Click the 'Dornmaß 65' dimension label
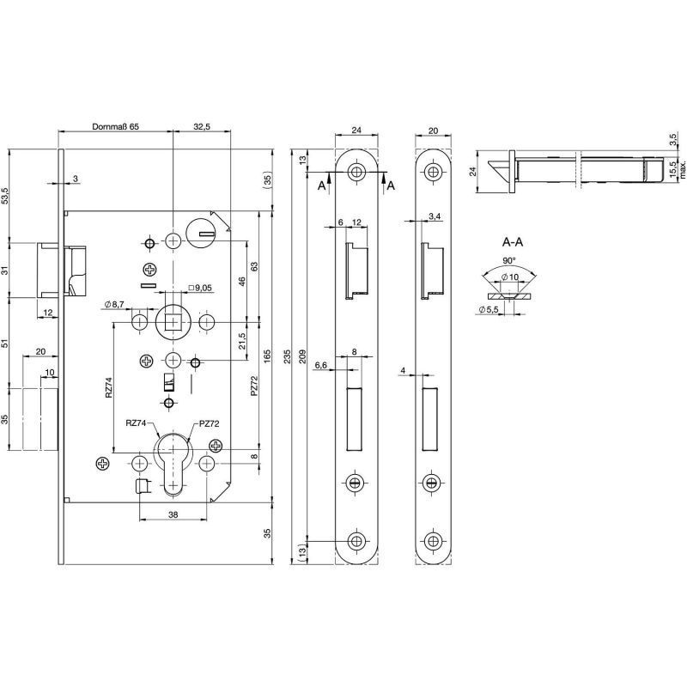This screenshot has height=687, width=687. coord(115,126)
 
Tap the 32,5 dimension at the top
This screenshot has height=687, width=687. coord(202,126)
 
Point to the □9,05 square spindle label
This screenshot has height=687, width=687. coord(199,288)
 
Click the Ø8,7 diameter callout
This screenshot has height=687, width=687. coord(115,305)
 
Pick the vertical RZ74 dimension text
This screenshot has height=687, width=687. coord(109,387)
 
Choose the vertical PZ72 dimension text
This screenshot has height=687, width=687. coord(254,386)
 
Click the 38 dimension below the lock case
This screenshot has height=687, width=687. coord(173,514)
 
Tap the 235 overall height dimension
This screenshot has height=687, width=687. coord(289,356)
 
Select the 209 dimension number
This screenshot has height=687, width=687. coord(302,356)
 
